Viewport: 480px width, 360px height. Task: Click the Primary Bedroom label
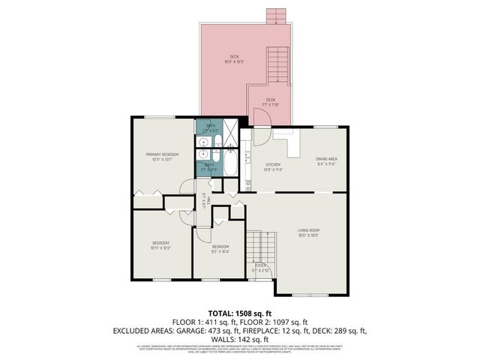tap(162, 156)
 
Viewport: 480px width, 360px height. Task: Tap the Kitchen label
tap(273, 166)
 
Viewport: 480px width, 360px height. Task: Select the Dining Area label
tap(326, 160)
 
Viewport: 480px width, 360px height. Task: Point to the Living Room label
tap(309, 232)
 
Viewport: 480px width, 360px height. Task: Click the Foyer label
tap(261, 267)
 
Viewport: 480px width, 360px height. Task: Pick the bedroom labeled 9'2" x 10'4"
tap(220, 248)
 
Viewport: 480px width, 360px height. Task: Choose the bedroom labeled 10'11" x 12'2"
tap(161, 245)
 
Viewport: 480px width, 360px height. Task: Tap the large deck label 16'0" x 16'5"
tap(234, 60)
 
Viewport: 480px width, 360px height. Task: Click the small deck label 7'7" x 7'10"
tap(270, 101)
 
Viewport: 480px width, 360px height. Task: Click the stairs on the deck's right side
tap(278, 64)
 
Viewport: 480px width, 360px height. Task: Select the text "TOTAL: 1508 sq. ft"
tap(239, 313)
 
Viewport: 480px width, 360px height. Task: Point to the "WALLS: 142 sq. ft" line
tap(239, 339)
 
